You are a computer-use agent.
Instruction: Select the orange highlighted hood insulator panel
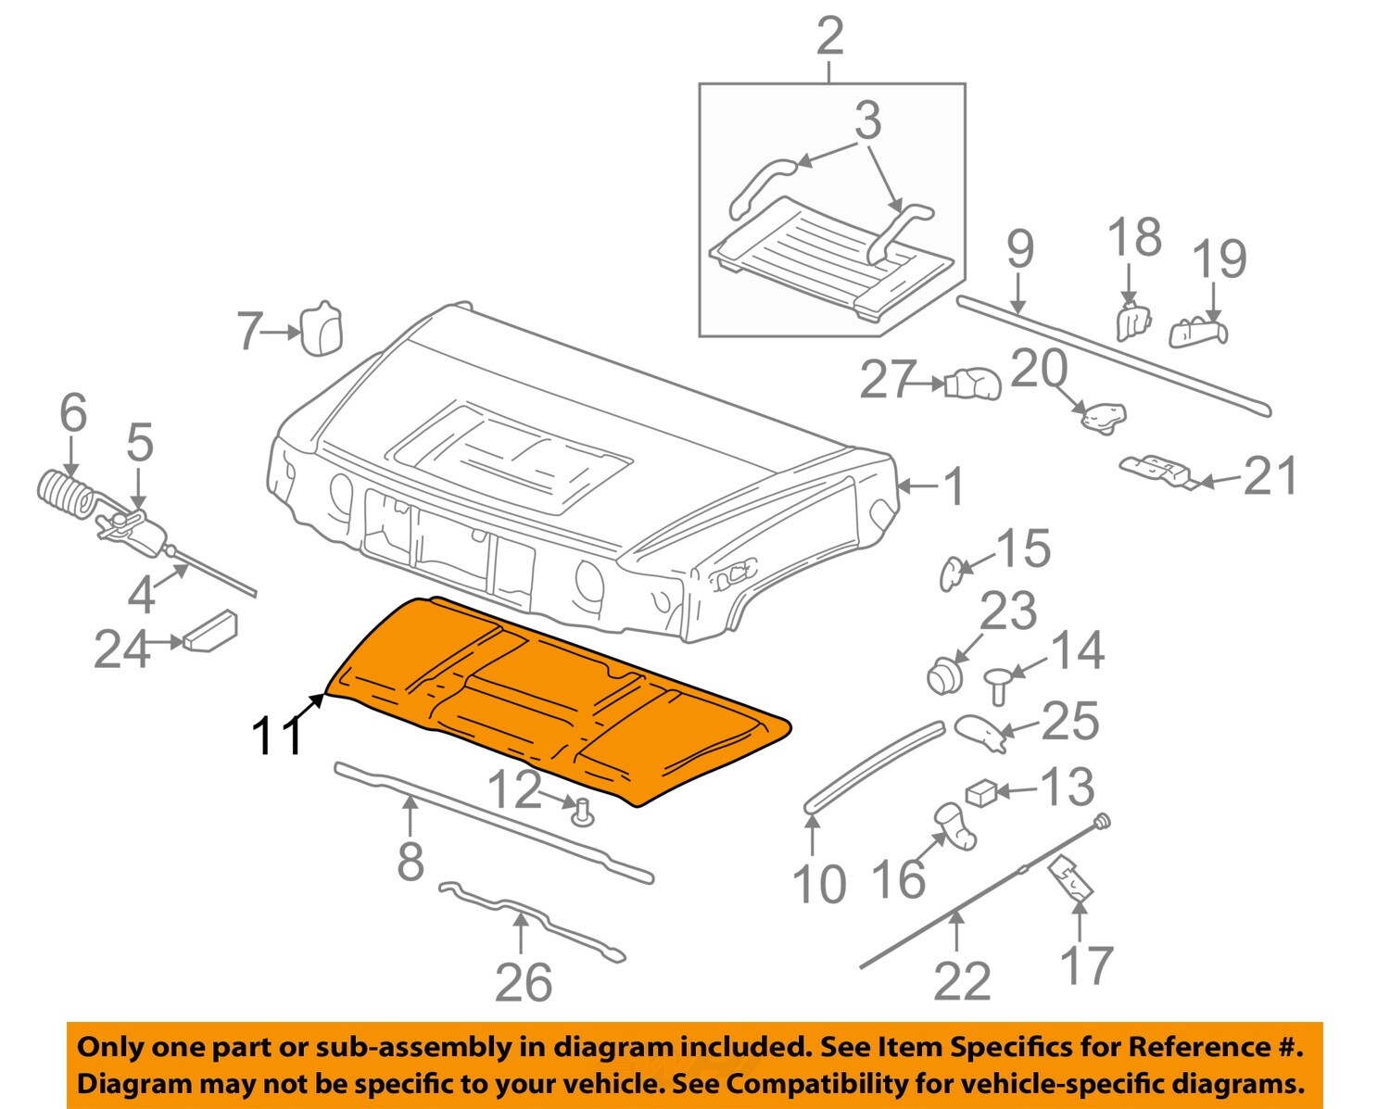[556, 695]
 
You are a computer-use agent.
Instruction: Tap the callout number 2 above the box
[829, 37]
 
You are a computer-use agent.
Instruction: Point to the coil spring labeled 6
[64, 494]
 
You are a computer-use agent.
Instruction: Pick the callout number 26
[524, 982]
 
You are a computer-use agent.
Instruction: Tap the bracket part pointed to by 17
[1070, 880]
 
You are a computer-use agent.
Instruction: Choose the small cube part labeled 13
[981, 792]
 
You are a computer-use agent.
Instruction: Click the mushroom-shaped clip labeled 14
[1000, 684]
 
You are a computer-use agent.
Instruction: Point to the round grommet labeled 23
[943, 674]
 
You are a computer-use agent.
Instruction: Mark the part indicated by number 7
[322, 328]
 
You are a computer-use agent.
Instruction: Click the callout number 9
[1019, 249]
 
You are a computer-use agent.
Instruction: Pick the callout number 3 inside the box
[867, 121]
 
